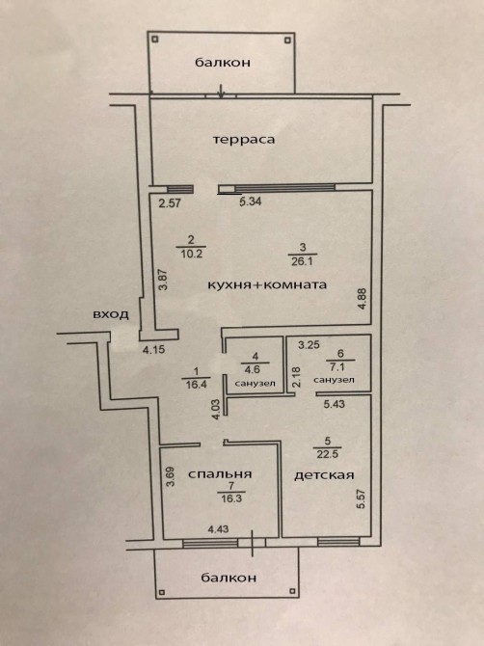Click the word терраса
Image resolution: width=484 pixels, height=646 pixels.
click(244, 140)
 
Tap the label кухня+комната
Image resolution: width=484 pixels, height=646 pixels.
click(267, 284)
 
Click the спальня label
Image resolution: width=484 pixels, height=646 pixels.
click(220, 474)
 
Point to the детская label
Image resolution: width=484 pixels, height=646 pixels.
click(324, 475)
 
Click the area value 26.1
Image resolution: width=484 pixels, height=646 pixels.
click(303, 261)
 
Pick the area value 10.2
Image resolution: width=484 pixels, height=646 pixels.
click(192, 254)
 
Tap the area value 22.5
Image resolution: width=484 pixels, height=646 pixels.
click(328, 454)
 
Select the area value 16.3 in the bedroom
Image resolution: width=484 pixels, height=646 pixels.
click(231, 498)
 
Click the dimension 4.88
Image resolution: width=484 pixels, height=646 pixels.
click(363, 299)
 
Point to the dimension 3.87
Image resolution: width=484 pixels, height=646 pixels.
click(164, 280)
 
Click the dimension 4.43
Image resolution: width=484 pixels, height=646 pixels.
click(218, 529)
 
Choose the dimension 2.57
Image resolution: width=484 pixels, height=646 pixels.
click(170, 202)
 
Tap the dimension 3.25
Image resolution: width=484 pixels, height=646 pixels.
click(309, 345)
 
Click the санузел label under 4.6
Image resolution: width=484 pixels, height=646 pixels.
click(255, 383)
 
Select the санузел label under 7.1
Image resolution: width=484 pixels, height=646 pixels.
click(334, 380)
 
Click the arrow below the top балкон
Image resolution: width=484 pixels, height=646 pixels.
click(221, 91)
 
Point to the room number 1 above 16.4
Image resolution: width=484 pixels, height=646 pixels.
click(196, 371)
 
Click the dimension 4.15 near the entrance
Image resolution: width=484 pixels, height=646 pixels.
click(153, 350)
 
